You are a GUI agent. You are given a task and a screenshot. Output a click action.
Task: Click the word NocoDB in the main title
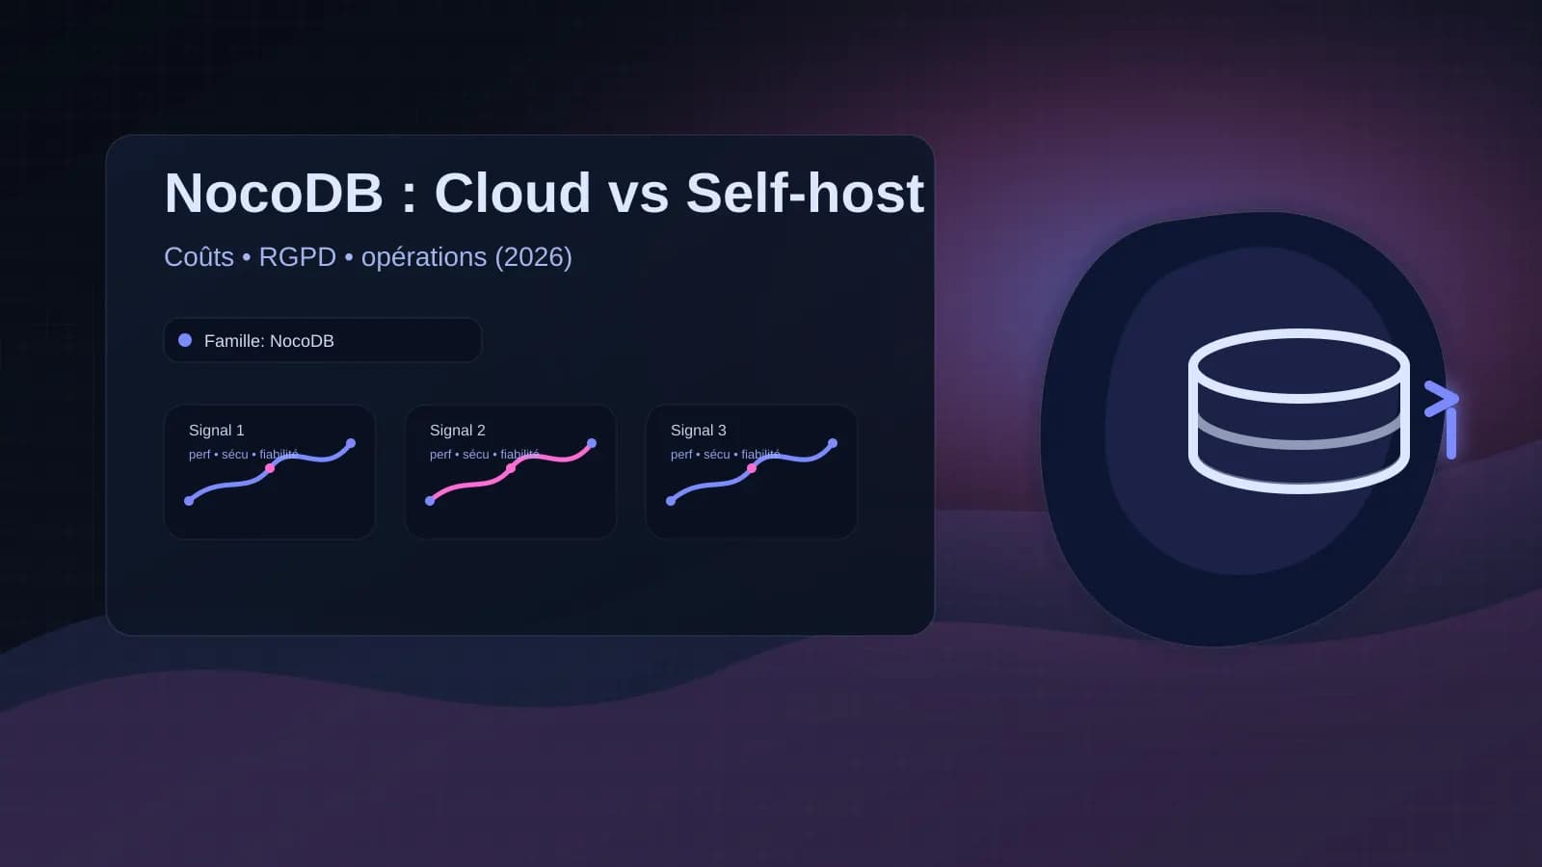[x=274, y=193]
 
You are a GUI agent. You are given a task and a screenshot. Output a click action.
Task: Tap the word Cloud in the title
[x=512, y=193]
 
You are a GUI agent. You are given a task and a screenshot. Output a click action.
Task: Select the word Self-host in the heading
[x=805, y=193]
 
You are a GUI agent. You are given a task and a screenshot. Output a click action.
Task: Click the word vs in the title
[x=638, y=193]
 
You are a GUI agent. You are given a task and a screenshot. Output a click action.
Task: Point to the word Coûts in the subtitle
[x=199, y=257]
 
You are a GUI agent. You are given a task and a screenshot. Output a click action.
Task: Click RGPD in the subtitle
[x=297, y=257]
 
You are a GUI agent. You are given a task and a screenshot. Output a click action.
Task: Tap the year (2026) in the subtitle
[x=533, y=257]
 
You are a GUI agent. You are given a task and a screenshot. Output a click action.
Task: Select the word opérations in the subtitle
[x=424, y=257]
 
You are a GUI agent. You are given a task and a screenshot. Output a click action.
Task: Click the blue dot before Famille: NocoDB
[x=185, y=340]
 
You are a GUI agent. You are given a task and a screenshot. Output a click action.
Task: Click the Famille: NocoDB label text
[x=269, y=341]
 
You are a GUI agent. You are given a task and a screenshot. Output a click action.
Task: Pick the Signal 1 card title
[x=216, y=431]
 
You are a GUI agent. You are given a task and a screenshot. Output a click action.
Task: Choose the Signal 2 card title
[x=457, y=431]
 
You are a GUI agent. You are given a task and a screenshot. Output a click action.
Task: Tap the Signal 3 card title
[x=698, y=431]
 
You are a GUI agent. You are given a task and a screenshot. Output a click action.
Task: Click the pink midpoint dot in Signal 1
[x=270, y=468]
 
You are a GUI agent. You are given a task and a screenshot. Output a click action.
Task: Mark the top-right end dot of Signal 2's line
[x=592, y=443]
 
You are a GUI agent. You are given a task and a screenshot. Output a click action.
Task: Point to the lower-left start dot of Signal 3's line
[x=671, y=501]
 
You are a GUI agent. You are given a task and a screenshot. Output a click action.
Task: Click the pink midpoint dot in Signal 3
[x=752, y=468]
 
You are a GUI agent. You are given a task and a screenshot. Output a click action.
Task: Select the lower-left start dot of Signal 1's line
[x=189, y=501]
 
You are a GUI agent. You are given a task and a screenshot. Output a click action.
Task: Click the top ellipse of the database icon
[x=1298, y=365]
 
